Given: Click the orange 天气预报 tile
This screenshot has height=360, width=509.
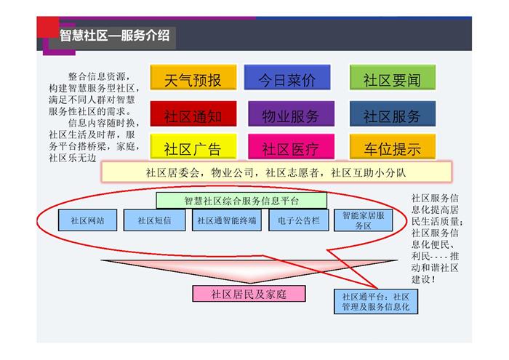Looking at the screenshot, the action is [x=193, y=77].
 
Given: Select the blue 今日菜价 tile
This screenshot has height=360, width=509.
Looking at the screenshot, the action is [x=287, y=77].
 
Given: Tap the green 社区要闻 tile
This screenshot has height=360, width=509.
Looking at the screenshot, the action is [x=393, y=77].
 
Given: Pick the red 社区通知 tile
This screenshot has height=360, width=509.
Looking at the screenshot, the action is [x=193, y=113].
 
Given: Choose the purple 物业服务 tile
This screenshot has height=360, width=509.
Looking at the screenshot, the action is [x=291, y=113].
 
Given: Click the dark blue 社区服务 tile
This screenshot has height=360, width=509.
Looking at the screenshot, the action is [x=393, y=113].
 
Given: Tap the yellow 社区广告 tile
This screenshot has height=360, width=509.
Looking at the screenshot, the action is [x=193, y=147].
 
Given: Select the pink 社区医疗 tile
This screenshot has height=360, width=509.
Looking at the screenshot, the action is [x=291, y=147].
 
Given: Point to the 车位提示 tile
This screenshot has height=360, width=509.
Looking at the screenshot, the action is [x=393, y=147].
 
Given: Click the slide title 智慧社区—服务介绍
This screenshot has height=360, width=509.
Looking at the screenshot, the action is [x=114, y=36].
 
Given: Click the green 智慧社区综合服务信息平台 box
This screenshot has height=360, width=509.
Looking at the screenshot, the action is [x=241, y=201].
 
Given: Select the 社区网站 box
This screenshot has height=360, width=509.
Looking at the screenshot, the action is [x=88, y=220].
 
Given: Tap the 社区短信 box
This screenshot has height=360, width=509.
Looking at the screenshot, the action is [x=154, y=220].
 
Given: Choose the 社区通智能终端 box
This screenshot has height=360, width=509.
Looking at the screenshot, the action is [x=227, y=220].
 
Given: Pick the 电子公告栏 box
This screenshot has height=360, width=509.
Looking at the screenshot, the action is [x=299, y=220].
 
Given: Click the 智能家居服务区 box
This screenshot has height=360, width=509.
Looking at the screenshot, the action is [x=364, y=220].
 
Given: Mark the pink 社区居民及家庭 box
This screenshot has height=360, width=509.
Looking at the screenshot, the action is [x=249, y=294].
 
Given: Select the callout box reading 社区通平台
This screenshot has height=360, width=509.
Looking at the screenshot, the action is [x=376, y=302].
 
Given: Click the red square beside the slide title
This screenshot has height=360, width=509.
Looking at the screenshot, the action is [x=48, y=27].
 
